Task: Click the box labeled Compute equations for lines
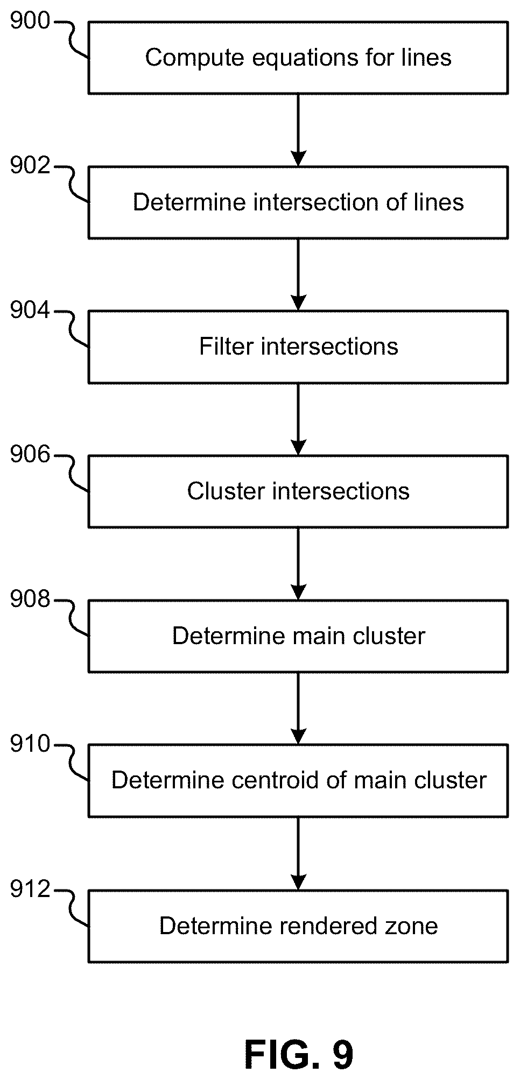[298, 58]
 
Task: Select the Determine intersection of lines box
[298, 202]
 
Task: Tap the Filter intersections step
[298, 347]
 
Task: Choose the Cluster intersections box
[298, 491]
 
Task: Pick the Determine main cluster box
[298, 636]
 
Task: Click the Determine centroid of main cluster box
[298, 781]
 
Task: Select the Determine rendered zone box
[298, 926]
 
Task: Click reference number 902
[30, 166]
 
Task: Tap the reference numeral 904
[30, 310]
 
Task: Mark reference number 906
[30, 455]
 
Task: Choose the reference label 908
[30, 600]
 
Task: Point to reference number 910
[30, 745]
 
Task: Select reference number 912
[30, 890]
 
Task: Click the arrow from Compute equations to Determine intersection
[298, 130]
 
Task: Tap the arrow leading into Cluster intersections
[298, 419]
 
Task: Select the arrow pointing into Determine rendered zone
[298, 853]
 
